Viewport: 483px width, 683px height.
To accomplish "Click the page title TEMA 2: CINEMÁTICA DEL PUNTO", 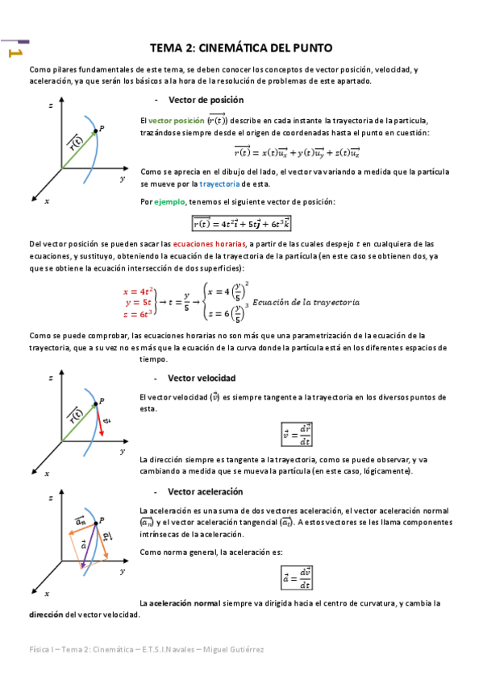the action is [x=241, y=48].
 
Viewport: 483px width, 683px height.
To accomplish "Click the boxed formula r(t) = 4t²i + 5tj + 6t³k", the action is [x=241, y=223].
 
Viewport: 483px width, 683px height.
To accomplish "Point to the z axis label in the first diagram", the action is [x=51, y=106].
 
